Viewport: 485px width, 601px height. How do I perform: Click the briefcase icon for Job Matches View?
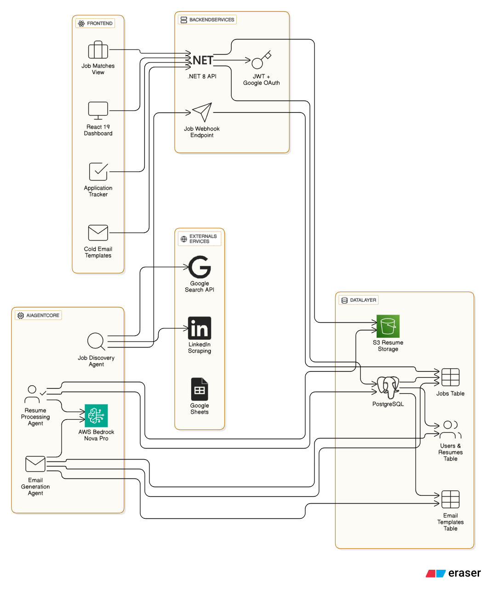click(98, 50)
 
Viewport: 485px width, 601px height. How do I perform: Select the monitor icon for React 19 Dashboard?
click(98, 111)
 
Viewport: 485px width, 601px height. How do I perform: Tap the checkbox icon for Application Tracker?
click(98, 172)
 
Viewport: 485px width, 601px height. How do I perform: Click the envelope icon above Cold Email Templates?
click(98, 233)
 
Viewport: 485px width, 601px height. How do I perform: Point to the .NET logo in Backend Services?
click(202, 61)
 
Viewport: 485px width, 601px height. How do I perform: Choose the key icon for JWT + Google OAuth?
click(261, 60)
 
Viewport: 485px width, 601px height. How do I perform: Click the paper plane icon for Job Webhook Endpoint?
click(202, 112)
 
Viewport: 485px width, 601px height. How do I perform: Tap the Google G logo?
click(200, 267)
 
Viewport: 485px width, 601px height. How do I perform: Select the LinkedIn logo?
click(200, 328)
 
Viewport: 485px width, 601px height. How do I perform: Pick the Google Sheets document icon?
click(200, 389)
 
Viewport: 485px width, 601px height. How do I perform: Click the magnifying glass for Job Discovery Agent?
click(96, 342)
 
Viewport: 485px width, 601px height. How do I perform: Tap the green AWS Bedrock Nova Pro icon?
click(96, 416)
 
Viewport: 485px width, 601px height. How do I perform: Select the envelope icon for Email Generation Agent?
click(35, 464)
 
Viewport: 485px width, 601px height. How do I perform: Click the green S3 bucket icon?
click(388, 326)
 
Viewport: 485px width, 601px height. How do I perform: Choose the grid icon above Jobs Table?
click(451, 377)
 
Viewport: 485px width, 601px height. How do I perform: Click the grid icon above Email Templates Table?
click(451, 500)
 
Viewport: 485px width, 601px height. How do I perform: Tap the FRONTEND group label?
click(95, 23)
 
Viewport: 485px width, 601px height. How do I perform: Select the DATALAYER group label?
click(359, 300)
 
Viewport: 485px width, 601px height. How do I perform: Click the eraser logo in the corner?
click(453, 573)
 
